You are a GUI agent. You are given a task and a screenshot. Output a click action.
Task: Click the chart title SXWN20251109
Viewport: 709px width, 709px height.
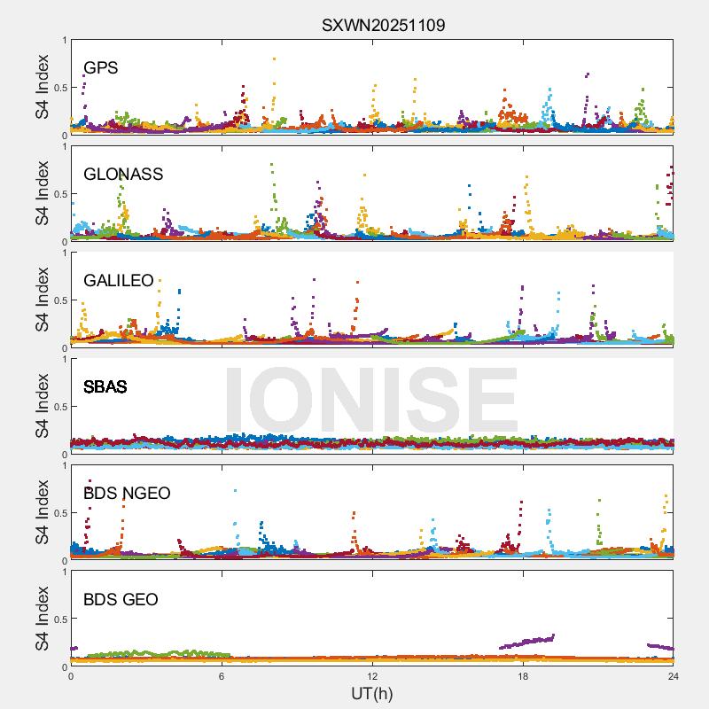tap(383, 25)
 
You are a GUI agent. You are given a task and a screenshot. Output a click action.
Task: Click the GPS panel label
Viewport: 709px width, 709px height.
tap(100, 68)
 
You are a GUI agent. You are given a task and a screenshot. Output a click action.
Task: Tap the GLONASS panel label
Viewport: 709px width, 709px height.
tap(123, 175)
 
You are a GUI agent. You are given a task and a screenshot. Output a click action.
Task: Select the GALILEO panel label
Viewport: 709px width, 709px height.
tap(119, 281)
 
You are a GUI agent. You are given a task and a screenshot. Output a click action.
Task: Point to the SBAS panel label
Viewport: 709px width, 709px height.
tap(105, 387)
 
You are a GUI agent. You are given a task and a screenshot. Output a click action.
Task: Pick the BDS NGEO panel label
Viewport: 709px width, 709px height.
tap(127, 494)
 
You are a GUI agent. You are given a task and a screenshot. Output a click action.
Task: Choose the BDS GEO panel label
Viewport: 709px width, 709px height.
tap(121, 600)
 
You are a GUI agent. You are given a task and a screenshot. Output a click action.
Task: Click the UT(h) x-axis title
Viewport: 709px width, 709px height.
tap(371, 693)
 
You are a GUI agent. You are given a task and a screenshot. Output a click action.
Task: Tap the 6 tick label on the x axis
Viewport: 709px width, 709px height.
tap(222, 676)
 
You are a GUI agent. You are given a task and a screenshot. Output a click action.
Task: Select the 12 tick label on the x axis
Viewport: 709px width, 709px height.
tap(372, 676)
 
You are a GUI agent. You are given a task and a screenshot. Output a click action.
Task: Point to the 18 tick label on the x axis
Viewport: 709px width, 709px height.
tap(523, 676)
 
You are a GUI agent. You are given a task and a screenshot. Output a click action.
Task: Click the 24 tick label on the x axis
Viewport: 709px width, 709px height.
tap(674, 676)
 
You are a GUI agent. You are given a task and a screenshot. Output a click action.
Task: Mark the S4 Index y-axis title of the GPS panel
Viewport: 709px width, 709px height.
tap(43, 87)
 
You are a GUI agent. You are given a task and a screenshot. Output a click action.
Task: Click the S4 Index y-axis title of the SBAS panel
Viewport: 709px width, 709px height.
tap(43, 406)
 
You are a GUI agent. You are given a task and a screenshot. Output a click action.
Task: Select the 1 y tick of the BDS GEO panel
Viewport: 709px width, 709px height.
tap(64, 572)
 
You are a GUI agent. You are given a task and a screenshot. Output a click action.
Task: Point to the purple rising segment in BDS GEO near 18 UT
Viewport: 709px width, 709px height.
tap(527, 641)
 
